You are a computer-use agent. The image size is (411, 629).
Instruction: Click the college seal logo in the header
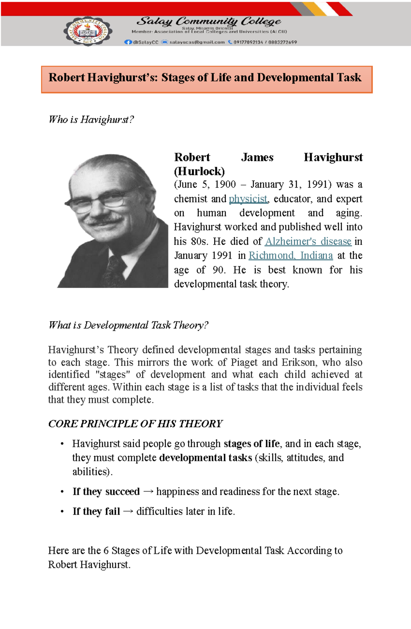[x=88, y=31]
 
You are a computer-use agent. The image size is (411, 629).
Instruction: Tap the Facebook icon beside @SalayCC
[x=128, y=42]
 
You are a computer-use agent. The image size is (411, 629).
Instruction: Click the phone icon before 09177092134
[x=230, y=42]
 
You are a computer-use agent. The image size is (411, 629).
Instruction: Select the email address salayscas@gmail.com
[x=197, y=42]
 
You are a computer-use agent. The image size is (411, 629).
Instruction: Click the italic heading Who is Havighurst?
[x=91, y=120]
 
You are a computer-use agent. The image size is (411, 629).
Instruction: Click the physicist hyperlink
[x=248, y=199]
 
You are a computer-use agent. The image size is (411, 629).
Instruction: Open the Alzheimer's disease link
[x=308, y=241]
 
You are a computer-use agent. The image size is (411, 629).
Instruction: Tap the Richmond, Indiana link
[x=290, y=256]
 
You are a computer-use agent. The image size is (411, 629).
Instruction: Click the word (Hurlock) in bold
[x=199, y=171]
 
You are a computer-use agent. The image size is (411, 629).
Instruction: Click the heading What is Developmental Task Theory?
[x=128, y=325]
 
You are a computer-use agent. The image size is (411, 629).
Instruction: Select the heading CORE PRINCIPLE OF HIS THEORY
[x=135, y=424]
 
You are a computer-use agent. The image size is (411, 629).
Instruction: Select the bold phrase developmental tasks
[x=206, y=458]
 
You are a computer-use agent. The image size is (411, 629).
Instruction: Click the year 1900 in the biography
[x=225, y=184]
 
